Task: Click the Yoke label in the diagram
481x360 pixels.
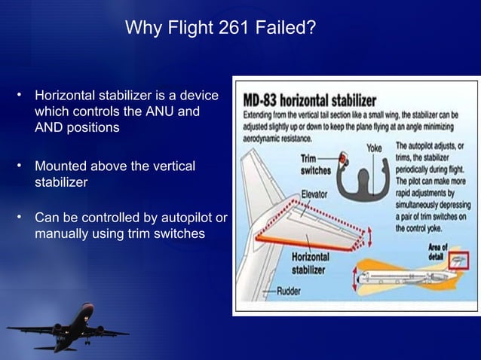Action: tap(374, 148)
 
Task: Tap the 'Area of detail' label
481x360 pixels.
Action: tap(439, 252)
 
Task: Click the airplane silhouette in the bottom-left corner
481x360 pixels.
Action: tap(67, 332)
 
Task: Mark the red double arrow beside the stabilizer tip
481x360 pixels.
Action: tap(369, 236)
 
